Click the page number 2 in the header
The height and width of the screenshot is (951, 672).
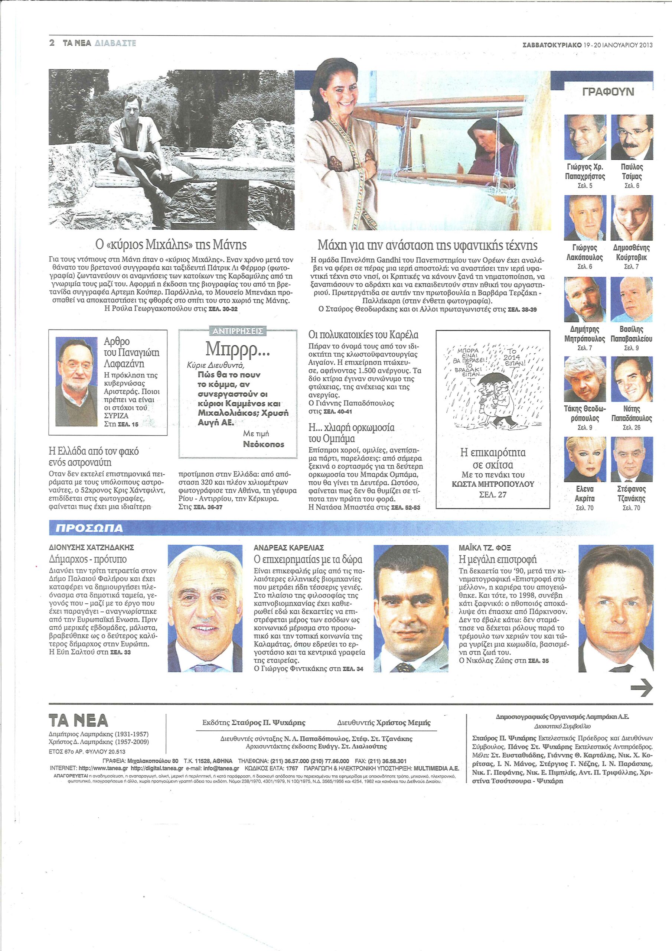click(x=52, y=43)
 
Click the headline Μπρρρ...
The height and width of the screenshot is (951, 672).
click(x=238, y=350)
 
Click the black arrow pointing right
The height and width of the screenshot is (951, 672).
click(x=641, y=688)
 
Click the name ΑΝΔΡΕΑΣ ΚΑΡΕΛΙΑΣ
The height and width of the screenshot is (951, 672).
click(x=288, y=548)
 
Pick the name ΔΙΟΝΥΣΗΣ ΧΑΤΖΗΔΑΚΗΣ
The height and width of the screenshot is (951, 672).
click(x=91, y=548)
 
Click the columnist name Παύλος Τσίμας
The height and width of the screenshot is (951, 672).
click(x=632, y=172)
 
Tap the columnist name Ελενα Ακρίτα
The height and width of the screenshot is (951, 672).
click(x=585, y=494)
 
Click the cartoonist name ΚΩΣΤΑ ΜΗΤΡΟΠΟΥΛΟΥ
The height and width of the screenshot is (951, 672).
click(x=493, y=484)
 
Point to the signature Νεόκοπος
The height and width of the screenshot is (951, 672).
click(x=263, y=444)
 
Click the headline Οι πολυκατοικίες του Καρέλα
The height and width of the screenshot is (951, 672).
click(x=363, y=335)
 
